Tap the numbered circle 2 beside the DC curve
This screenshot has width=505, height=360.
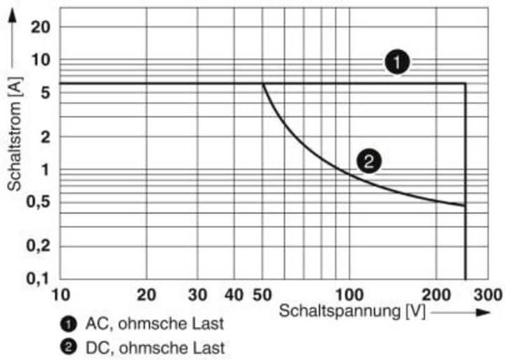coord(368,162)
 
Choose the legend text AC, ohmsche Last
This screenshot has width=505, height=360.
coord(154,324)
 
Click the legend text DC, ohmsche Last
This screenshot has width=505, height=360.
coord(154,347)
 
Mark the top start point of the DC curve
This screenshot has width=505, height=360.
coord(263,84)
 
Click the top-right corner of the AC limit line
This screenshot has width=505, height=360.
coord(465,84)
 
